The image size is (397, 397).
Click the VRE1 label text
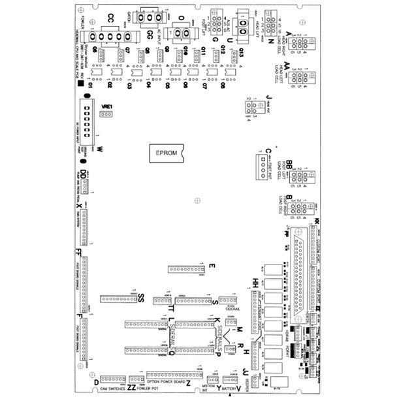click(107, 106)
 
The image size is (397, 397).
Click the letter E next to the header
click(212, 266)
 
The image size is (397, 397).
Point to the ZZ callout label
click(132, 387)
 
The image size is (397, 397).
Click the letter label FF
click(78, 252)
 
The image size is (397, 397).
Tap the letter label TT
click(171, 308)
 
